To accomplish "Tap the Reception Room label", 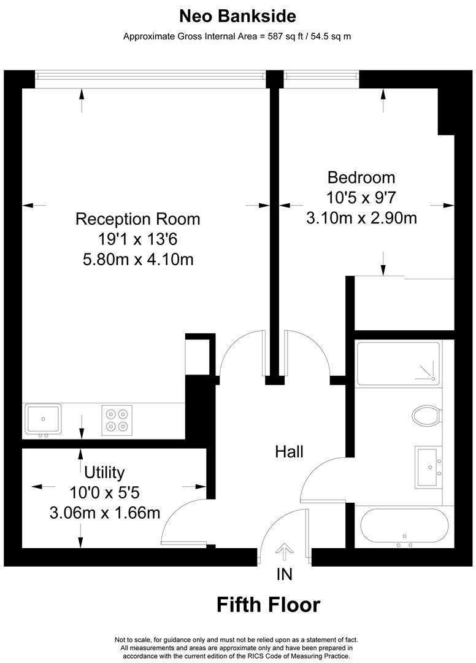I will [137, 219].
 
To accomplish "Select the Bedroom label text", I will [361, 177].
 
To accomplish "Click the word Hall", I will [289, 452].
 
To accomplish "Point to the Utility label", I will [104, 472].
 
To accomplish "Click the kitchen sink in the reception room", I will [43, 419].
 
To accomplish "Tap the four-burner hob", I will [118, 420].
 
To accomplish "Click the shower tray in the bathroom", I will [398, 363].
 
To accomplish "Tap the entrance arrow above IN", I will [285, 551].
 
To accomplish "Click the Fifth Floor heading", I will [268, 605].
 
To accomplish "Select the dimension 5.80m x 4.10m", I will [138, 259].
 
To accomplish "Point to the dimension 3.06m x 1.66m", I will [104, 512].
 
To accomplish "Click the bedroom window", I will [320, 76].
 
